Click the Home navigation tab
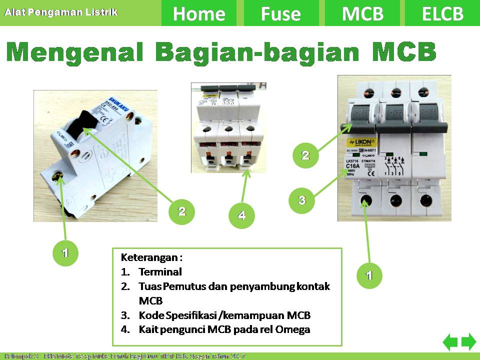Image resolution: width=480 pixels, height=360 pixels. [x=199, y=13]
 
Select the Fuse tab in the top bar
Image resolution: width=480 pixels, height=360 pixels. [x=280, y=13]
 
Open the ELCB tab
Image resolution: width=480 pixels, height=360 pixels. [x=442, y=13]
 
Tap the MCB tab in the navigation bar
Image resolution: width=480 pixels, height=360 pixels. [x=362, y=13]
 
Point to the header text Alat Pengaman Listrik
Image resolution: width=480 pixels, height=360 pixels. [x=61, y=11]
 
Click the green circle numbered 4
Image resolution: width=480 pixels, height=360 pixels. [x=242, y=216]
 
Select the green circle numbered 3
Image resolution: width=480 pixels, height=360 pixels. [x=302, y=201]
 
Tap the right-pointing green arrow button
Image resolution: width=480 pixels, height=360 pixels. [x=468, y=342]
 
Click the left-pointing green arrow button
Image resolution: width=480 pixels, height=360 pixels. [x=450, y=342]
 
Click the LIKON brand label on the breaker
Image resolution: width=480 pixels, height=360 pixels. [x=360, y=141]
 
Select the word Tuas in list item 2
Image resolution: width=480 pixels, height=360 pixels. [x=149, y=287]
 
